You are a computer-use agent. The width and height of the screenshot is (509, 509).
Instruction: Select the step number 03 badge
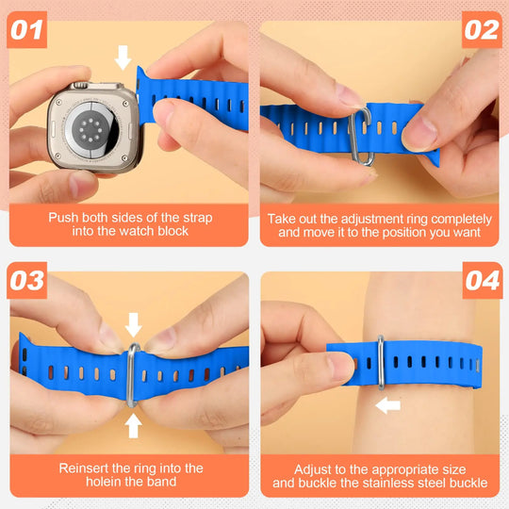[27, 282]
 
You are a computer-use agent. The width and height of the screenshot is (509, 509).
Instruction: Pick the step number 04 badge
[482, 282]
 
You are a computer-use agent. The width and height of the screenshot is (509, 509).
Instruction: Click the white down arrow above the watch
[123, 57]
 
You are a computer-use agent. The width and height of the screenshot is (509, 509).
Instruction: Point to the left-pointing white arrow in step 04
[387, 405]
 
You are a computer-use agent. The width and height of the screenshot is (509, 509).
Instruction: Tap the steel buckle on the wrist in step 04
[378, 364]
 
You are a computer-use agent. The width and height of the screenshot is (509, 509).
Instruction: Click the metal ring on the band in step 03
[133, 374]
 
